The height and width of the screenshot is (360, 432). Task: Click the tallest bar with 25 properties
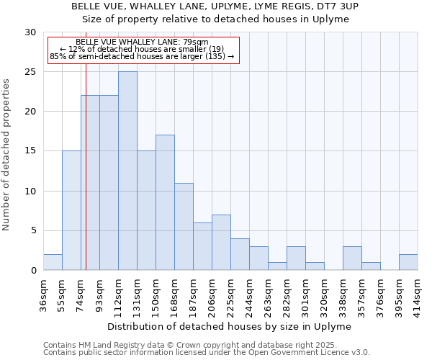127,171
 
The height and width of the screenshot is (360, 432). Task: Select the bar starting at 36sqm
53,262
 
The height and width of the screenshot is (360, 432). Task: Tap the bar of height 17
165,202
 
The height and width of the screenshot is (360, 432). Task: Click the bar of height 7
221,242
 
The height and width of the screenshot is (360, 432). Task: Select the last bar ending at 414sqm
408,262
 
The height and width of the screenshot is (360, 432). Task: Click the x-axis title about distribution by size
230,326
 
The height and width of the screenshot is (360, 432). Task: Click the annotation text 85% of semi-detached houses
142,56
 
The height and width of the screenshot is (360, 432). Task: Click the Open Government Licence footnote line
207,353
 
